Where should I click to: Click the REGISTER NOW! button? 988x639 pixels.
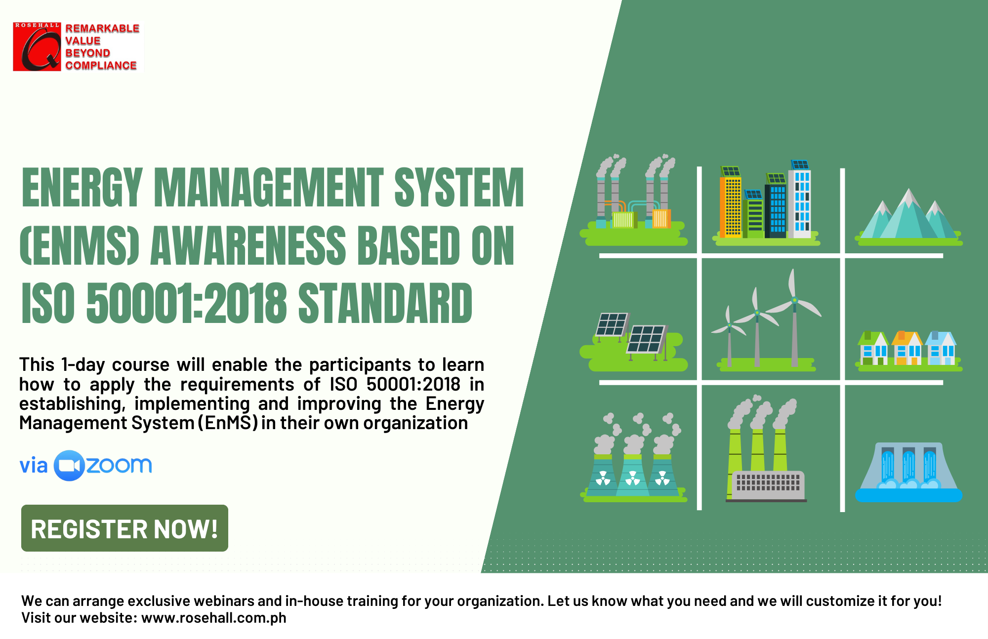(124, 528)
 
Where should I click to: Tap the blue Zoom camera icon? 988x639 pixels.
(69, 466)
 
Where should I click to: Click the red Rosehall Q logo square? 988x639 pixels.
(37, 46)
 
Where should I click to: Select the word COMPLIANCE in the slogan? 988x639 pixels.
(101, 66)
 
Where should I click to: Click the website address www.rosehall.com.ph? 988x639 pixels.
(214, 618)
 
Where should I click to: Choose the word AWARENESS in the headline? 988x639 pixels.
(248, 245)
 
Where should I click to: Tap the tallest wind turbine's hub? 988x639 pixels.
(794, 300)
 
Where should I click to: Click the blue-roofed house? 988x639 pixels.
(941, 348)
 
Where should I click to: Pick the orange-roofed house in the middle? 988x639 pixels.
(907, 348)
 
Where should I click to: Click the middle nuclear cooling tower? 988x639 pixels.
(633, 475)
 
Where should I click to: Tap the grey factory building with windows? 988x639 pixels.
(768, 485)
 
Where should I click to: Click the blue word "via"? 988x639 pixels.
(33, 466)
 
